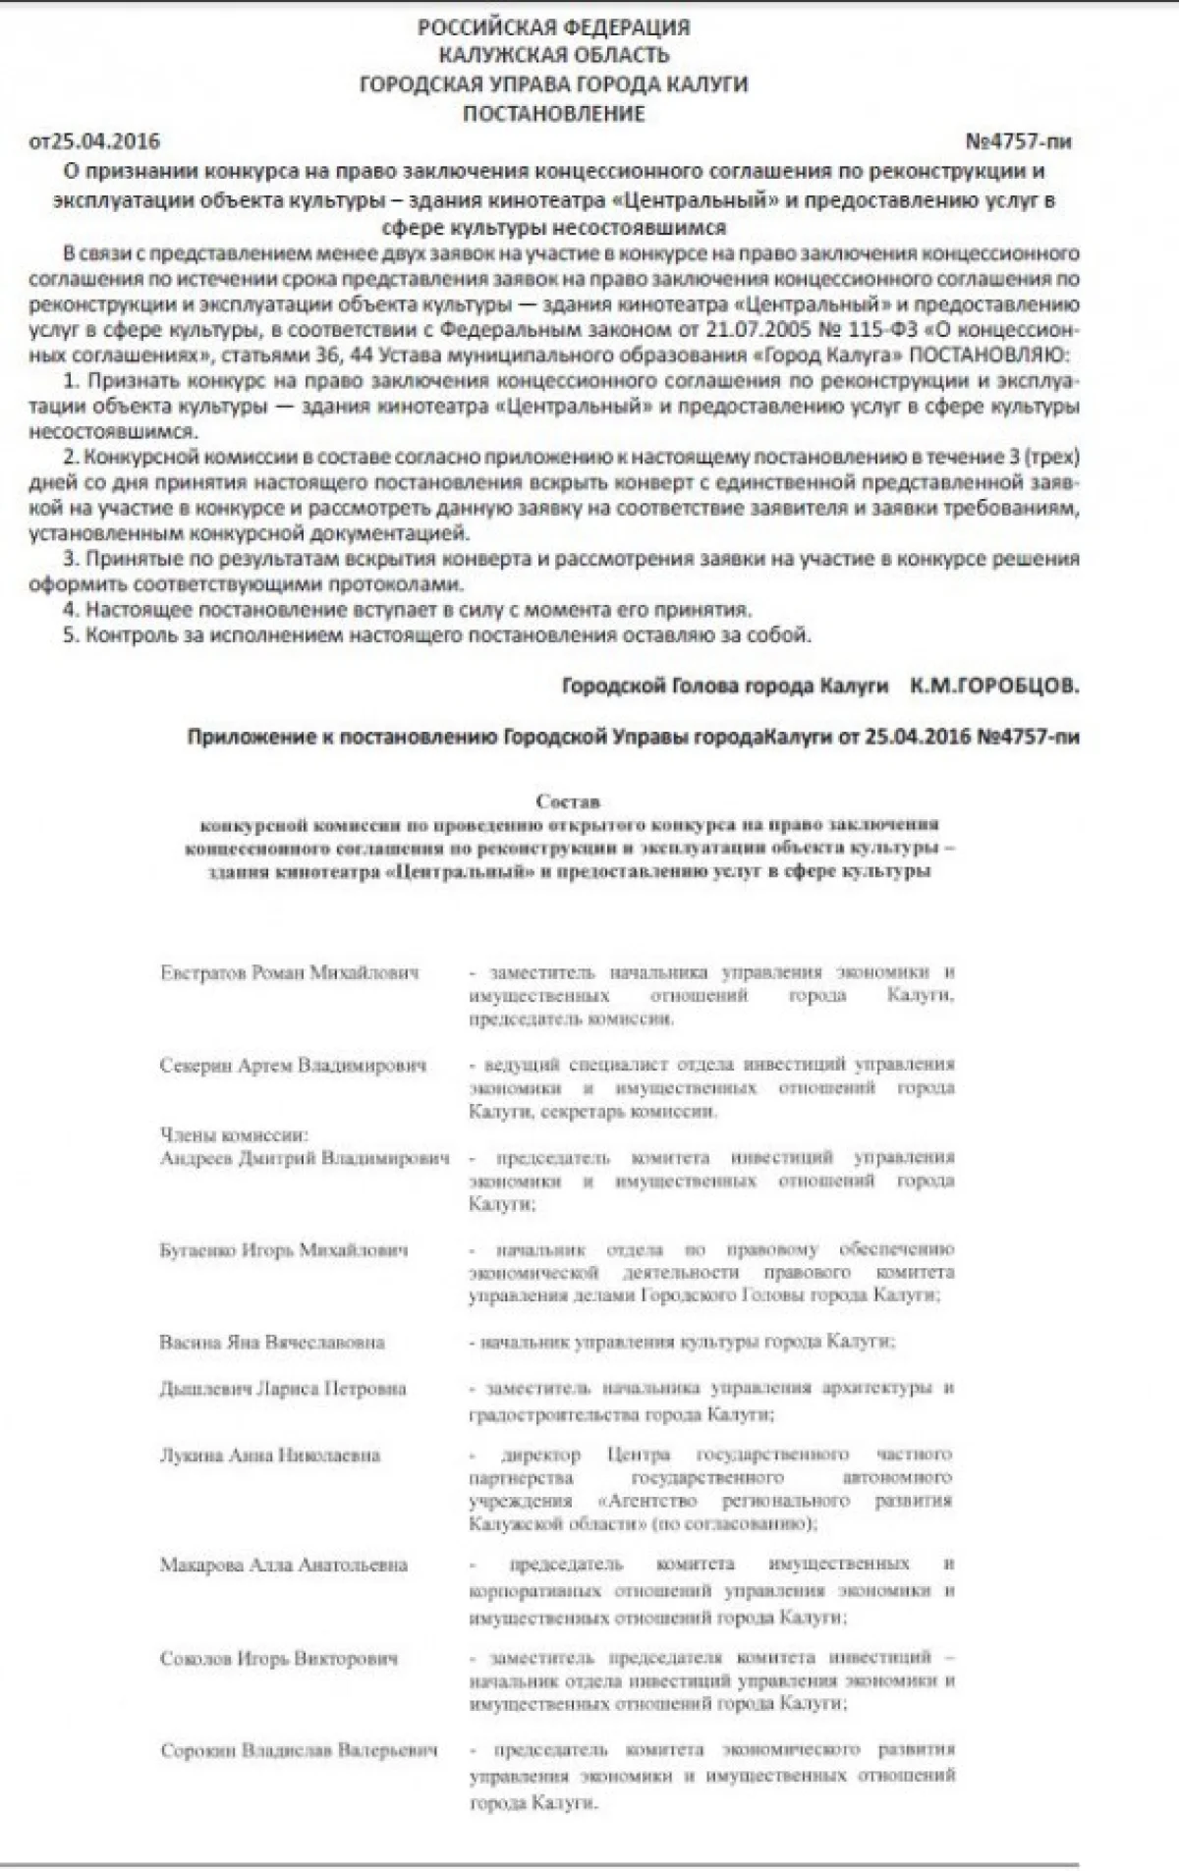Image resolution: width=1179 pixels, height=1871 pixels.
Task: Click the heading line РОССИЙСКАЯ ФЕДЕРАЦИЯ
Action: point(553,28)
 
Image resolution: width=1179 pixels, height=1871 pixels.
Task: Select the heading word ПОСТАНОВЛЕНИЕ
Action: point(553,113)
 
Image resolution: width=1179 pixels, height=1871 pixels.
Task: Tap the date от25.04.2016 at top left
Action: point(94,141)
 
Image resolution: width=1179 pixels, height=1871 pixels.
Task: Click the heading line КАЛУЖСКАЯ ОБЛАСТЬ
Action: point(553,55)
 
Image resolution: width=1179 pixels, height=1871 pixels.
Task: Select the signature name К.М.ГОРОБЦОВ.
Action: point(993,686)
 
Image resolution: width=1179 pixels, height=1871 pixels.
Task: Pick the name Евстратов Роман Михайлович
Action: point(289,972)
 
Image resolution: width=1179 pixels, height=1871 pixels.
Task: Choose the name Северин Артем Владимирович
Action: point(293,1065)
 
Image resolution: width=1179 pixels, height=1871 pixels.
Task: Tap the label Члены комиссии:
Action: point(234,1134)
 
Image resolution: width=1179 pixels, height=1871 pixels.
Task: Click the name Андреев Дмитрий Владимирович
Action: point(305,1157)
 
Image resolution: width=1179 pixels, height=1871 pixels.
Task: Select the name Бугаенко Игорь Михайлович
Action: point(283,1249)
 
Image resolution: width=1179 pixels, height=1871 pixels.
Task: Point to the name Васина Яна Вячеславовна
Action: point(271,1342)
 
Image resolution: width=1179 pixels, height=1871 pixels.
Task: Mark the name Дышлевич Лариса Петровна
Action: point(282,1388)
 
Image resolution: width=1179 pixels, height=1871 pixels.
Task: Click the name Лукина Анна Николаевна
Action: point(269,1455)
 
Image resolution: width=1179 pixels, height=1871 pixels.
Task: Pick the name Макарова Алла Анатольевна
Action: point(283,1565)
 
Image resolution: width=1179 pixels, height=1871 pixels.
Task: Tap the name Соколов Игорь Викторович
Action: point(279,1658)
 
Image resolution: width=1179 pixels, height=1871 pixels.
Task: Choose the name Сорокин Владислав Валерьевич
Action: point(299,1750)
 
